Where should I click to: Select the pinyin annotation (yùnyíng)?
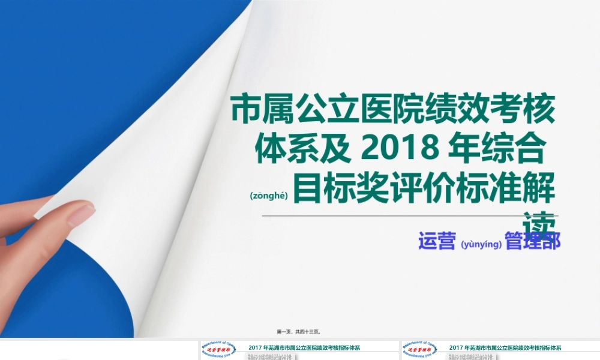pos(481,244)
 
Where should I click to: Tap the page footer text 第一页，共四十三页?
pos(298,331)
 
